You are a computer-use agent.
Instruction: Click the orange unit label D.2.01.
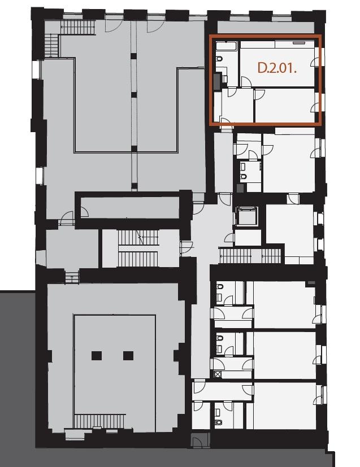[x=277, y=68]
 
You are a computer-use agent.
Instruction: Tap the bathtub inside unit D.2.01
[x=226, y=46]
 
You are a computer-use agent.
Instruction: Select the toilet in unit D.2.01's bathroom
[x=219, y=59]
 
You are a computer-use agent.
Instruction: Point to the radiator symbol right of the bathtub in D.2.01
[x=299, y=43]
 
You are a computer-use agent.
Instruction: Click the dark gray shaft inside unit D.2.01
[x=217, y=81]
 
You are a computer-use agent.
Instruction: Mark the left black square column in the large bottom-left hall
[x=97, y=356]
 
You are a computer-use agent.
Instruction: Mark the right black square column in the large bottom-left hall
[x=128, y=356]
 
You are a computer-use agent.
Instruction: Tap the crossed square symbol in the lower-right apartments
[x=218, y=374]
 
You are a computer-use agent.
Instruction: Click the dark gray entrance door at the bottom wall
[x=200, y=440]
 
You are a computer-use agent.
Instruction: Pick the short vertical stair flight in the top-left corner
[x=51, y=46]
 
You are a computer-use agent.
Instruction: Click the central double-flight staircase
[x=138, y=248]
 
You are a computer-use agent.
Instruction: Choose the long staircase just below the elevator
[x=250, y=256]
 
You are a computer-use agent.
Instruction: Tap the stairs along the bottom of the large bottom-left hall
[x=99, y=421]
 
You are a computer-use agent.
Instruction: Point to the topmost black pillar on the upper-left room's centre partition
[x=134, y=56]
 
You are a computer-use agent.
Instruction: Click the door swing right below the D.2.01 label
[x=246, y=82]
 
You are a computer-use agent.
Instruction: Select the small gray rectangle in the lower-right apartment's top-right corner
[x=311, y=283]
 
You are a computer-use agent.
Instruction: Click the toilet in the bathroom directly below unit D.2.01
[x=243, y=177]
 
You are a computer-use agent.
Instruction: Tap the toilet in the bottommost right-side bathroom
[x=219, y=422]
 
